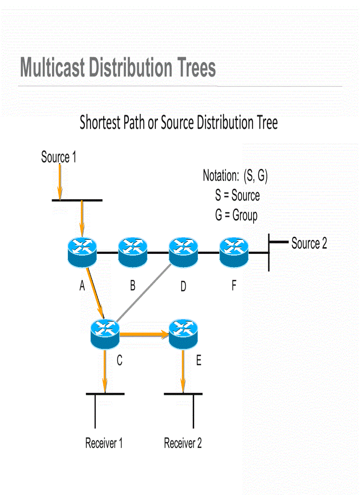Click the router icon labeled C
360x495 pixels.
[105, 334]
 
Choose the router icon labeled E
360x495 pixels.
[183, 334]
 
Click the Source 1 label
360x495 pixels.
[59, 157]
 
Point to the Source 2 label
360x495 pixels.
[309, 244]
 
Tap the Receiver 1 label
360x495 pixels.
[104, 443]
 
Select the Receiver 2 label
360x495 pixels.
[183, 443]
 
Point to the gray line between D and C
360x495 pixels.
[143, 292]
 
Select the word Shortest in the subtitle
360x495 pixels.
[100, 123]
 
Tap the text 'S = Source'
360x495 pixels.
[237, 195]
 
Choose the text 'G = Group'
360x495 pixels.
[236, 216]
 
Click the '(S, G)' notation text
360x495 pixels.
[255, 175]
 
